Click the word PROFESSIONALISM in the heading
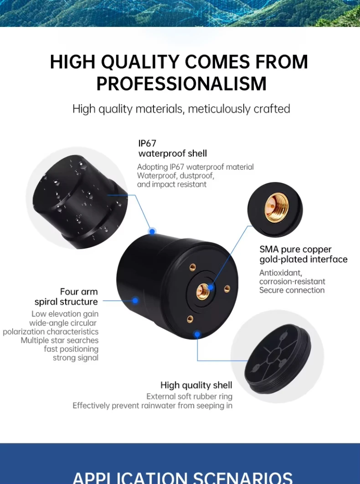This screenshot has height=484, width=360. pyautogui.click(x=181, y=83)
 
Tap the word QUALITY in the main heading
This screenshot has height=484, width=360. pyautogui.click(x=140, y=61)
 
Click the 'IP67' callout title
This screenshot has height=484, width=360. pyautogui.click(x=147, y=143)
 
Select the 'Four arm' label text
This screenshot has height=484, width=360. pyautogui.click(x=79, y=291)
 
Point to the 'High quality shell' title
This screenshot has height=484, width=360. pyautogui.click(x=196, y=385)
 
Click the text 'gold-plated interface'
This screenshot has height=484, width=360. pyautogui.click(x=304, y=259)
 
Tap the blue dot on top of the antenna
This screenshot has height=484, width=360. pyautogui.click(x=152, y=231)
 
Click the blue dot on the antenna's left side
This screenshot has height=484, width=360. pyautogui.click(x=135, y=300)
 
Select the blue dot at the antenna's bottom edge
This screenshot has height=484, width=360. pyautogui.click(x=197, y=334)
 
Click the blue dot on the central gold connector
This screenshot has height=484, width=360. pyautogui.click(x=211, y=287)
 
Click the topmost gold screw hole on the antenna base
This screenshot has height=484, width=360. pyautogui.click(x=193, y=267)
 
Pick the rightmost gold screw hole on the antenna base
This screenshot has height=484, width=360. pyautogui.click(x=227, y=289)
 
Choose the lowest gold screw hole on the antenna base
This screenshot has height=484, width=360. pyautogui.click(x=190, y=319)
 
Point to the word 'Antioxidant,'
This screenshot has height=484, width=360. pyautogui.click(x=281, y=273)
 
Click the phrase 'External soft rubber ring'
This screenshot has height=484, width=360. pyautogui.click(x=189, y=397)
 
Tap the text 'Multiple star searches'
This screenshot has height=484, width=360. pyautogui.click(x=60, y=340)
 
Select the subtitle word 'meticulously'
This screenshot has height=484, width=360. pyautogui.click(x=219, y=109)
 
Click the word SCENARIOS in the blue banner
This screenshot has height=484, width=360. pyautogui.click(x=242, y=477)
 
